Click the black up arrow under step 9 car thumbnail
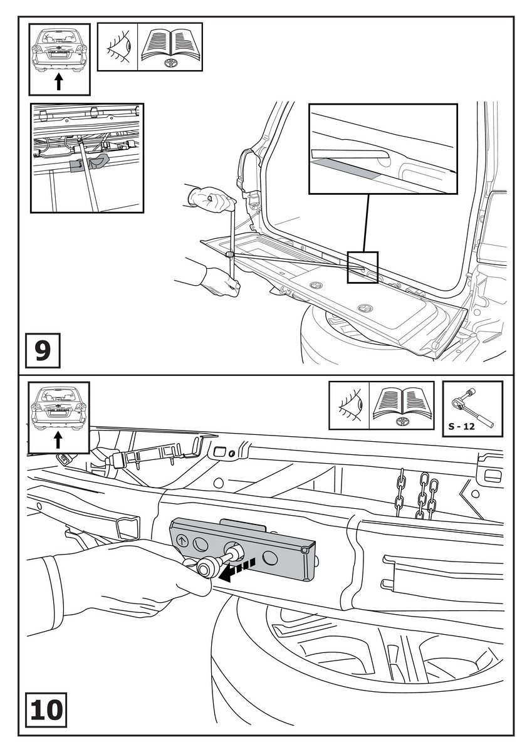pos(59,81)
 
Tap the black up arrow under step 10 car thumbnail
pos(59,439)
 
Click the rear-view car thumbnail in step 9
pos(59,50)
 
